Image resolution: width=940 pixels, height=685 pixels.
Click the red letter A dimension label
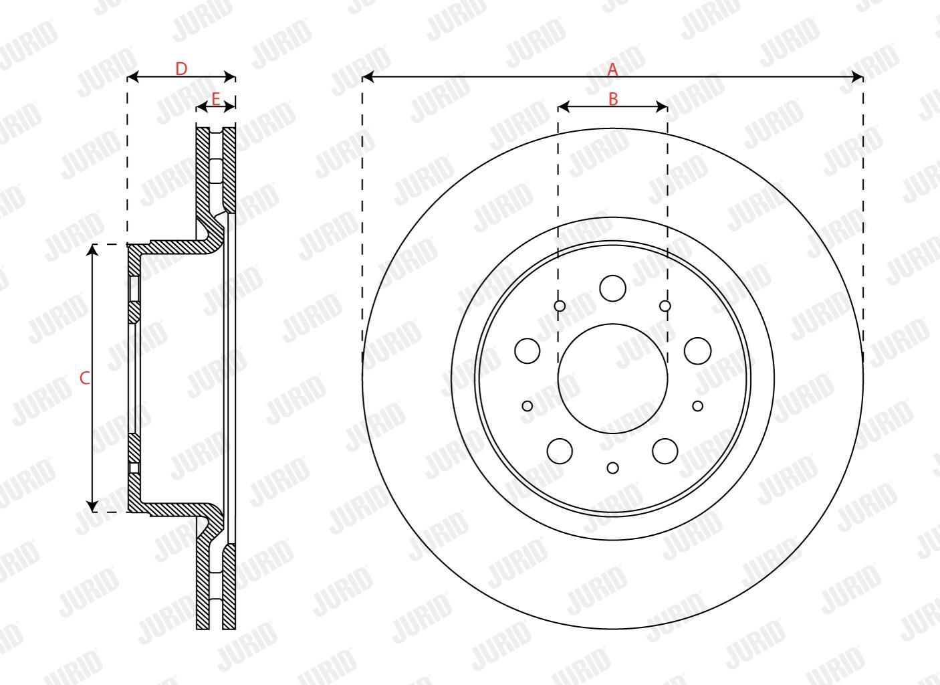pyautogui.click(x=612, y=70)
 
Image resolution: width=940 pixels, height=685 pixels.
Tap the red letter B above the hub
pyautogui.click(x=613, y=100)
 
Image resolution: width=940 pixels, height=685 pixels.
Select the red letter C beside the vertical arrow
pyautogui.click(x=85, y=379)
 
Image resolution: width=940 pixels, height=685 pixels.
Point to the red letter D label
pyautogui.click(x=181, y=69)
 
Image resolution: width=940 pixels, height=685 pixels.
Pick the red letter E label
pyautogui.click(x=216, y=100)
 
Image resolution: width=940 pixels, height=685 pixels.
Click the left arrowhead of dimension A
pyautogui.click(x=367, y=77)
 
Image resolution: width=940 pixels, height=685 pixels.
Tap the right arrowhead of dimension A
pyautogui.click(x=857, y=77)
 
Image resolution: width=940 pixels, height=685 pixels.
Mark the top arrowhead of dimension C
pyautogui.click(x=92, y=250)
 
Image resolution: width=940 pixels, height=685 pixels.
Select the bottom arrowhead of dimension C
pyautogui.click(x=92, y=506)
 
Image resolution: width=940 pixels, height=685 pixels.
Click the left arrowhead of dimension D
pyautogui.click(x=132, y=77)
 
